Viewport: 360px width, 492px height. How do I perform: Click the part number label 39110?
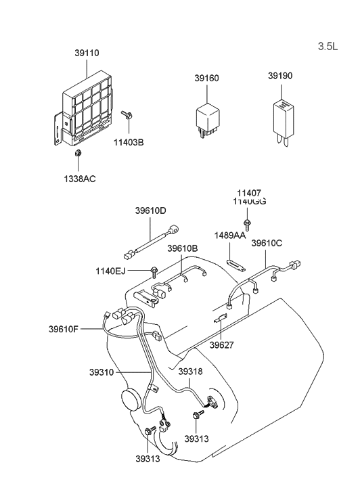87,52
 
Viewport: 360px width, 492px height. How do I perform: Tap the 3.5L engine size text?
328,47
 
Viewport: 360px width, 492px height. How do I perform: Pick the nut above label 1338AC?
78,154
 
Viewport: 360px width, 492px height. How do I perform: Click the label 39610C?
267,243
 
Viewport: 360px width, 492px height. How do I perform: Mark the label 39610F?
64,330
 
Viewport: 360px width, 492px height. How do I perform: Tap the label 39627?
221,344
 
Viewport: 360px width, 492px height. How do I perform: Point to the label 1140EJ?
111,271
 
